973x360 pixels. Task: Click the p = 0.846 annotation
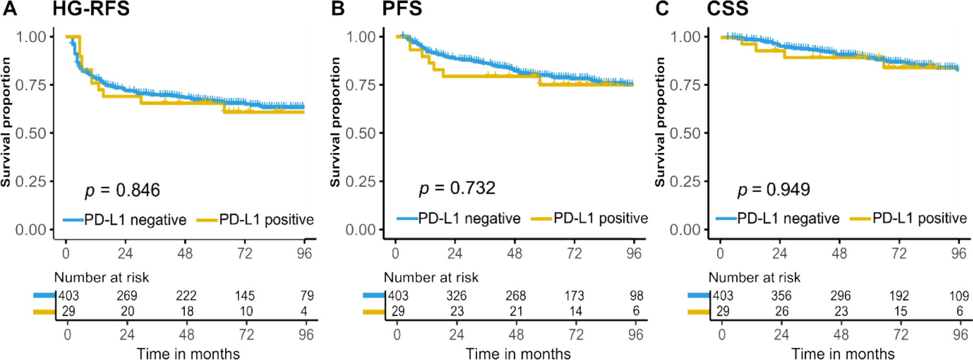point(123,190)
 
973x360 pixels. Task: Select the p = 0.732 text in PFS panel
point(457,188)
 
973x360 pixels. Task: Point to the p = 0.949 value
point(774,190)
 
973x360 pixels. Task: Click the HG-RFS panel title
point(91,9)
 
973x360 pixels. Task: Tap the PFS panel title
point(402,9)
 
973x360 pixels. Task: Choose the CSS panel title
point(727,9)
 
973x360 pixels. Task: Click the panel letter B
point(338,9)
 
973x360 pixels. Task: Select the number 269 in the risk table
point(127,296)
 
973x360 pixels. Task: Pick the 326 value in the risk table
point(456,296)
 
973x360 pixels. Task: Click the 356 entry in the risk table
point(781,296)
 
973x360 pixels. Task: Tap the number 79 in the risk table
point(307,296)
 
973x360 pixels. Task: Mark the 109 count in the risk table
point(959,296)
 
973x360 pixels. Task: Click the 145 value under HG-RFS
point(245,296)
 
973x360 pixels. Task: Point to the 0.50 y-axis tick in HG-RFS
point(31,133)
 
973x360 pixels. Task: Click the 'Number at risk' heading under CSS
point(754,278)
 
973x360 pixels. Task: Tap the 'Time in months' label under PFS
point(518,354)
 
